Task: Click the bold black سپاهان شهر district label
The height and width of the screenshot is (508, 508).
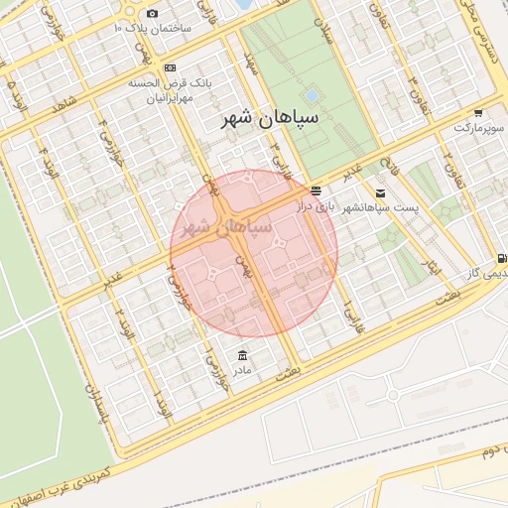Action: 266,120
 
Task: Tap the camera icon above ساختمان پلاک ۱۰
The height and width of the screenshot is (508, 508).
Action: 152,13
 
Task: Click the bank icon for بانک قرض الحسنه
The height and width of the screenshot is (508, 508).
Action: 170,67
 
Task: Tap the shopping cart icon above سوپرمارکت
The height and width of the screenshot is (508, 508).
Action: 479,112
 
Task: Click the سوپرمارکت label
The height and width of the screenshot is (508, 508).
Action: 480,129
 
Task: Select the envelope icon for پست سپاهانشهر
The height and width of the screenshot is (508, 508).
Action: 381,192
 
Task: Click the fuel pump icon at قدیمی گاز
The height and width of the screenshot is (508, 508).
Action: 502,257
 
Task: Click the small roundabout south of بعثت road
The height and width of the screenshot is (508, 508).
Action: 393,394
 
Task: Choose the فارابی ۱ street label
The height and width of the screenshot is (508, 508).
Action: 348,312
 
